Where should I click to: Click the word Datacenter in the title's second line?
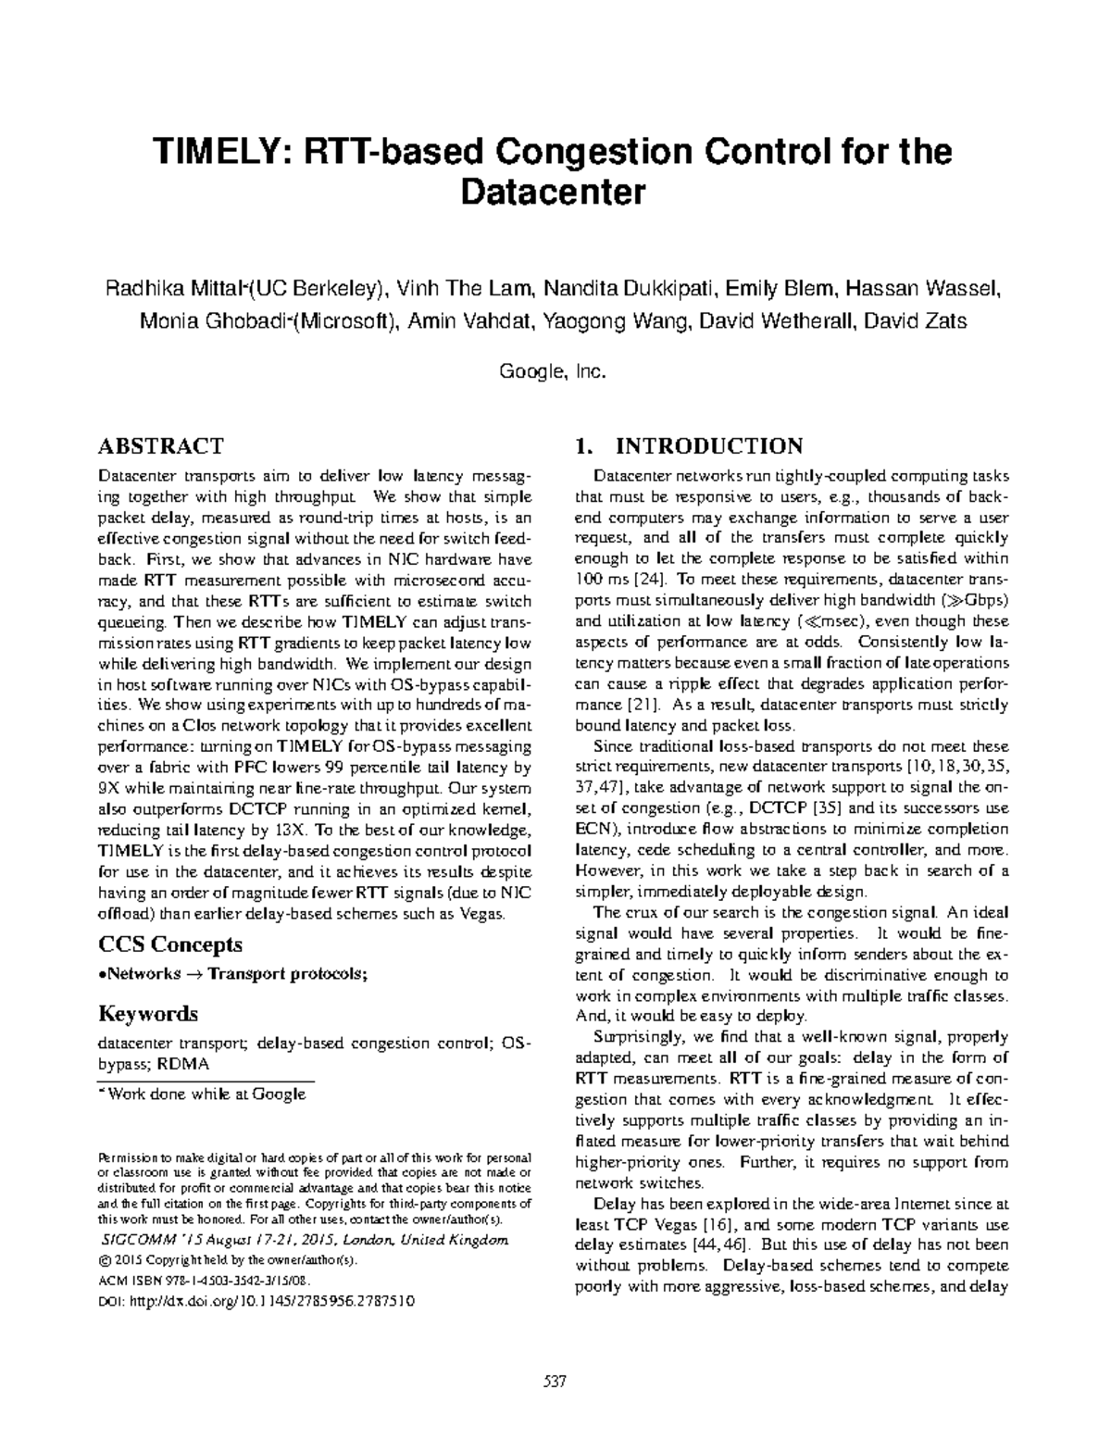[552, 193]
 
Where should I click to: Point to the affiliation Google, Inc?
[552, 371]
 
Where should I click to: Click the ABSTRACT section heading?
[160, 446]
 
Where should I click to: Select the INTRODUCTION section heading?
[709, 446]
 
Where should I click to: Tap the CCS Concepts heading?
[170, 944]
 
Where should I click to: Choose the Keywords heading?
[148, 1013]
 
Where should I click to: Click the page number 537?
[554, 1382]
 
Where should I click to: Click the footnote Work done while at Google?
[206, 1094]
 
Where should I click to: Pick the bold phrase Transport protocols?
[286, 973]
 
